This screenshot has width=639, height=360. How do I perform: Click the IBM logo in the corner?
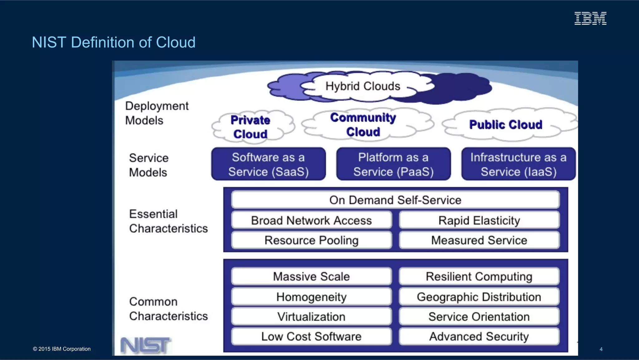click(590, 18)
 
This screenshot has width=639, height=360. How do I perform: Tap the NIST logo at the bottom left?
click(145, 346)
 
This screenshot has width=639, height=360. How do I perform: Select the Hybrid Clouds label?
click(363, 86)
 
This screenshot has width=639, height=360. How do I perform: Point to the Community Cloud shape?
click(363, 125)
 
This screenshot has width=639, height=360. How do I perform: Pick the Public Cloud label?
click(506, 125)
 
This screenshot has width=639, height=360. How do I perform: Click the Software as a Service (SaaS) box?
click(268, 164)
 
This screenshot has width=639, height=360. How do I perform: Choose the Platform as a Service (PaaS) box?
click(393, 164)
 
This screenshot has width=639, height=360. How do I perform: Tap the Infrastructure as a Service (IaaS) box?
click(518, 164)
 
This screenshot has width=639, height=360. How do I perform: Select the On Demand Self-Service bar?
click(395, 200)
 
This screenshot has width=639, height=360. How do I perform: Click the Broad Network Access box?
click(311, 220)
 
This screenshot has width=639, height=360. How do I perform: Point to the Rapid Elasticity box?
click(479, 220)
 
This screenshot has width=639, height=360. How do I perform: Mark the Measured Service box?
click(479, 240)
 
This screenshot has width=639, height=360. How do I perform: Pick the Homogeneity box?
click(311, 297)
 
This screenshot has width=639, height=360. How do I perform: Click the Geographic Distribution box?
click(479, 297)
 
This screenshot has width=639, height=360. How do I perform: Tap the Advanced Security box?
click(479, 336)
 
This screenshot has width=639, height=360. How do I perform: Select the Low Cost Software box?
click(311, 336)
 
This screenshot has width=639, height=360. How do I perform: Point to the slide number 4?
click(601, 349)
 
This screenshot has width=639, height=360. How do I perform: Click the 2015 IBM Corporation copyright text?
click(62, 349)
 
